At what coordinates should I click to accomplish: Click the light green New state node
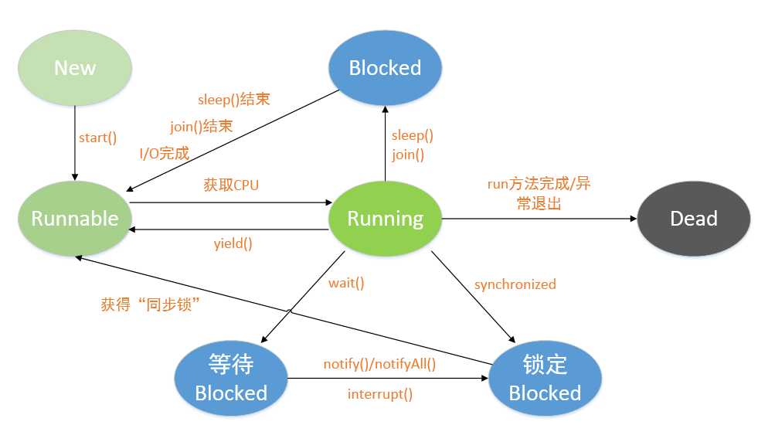75,68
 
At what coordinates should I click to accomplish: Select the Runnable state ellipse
75,219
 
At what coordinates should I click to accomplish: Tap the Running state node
385,219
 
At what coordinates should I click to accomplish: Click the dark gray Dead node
693,219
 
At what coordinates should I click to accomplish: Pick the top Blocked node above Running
385,68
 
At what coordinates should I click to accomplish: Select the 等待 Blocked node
230,379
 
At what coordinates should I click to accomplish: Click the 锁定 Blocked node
545,379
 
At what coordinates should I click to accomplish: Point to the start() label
98,138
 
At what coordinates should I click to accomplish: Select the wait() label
346,283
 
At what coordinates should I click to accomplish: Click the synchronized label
515,284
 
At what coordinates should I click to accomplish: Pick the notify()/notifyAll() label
379,364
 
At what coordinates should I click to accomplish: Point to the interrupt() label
379,394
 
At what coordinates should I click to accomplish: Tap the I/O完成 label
164,153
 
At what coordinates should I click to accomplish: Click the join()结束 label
201,126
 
